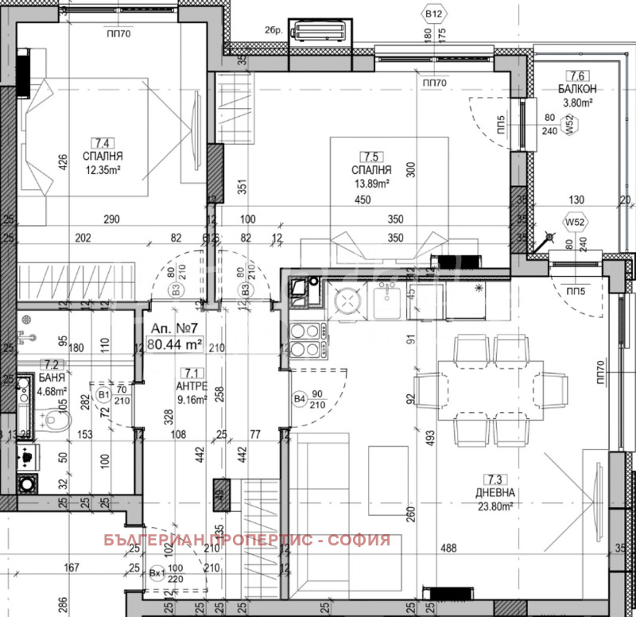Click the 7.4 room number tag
click(101, 143)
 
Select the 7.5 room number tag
click(370, 157)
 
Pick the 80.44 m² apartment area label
click(175, 345)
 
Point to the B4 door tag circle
click(300, 399)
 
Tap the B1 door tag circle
click(103, 394)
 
